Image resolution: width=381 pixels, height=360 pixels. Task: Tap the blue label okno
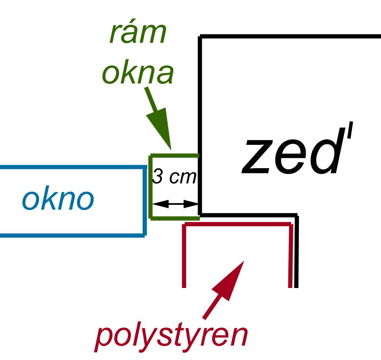click(x=58, y=199)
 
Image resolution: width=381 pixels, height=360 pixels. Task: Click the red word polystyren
click(x=171, y=335)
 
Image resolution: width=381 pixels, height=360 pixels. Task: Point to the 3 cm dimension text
click(x=174, y=177)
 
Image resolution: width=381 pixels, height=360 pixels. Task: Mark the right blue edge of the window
click(x=145, y=201)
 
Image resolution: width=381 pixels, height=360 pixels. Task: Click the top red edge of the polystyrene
click(x=237, y=225)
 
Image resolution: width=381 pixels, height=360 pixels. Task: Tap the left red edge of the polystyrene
click(x=184, y=256)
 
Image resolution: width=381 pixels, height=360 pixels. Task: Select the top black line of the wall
click(x=290, y=37)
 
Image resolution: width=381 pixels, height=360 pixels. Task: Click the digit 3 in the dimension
click(x=157, y=177)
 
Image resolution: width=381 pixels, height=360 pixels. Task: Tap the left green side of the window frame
click(x=151, y=187)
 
